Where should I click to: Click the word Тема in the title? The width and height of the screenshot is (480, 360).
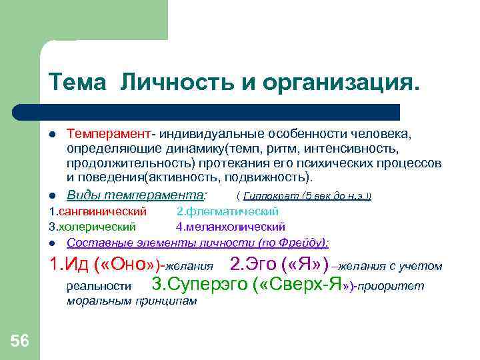pyautogui.click(x=77, y=82)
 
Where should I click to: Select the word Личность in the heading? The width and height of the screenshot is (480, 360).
pyautogui.click(x=173, y=82)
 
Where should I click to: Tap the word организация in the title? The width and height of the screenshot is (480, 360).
pyautogui.click(x=339, y=82)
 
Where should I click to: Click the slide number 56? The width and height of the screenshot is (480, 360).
pyautogui.click(x=20, y=342)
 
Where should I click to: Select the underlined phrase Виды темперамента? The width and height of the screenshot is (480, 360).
pyautogui.click(x=136, y=195)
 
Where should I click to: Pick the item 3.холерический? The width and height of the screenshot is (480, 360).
pyautogui.click(x=93, y=227)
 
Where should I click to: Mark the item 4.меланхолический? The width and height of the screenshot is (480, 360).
pyautogui.click(x=231, y=227)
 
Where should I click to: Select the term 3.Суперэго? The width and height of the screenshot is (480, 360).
pyautogui.click(x=200, y=285)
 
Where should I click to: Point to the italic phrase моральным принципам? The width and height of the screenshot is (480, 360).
pyautogui.click(x=132, y=301)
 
